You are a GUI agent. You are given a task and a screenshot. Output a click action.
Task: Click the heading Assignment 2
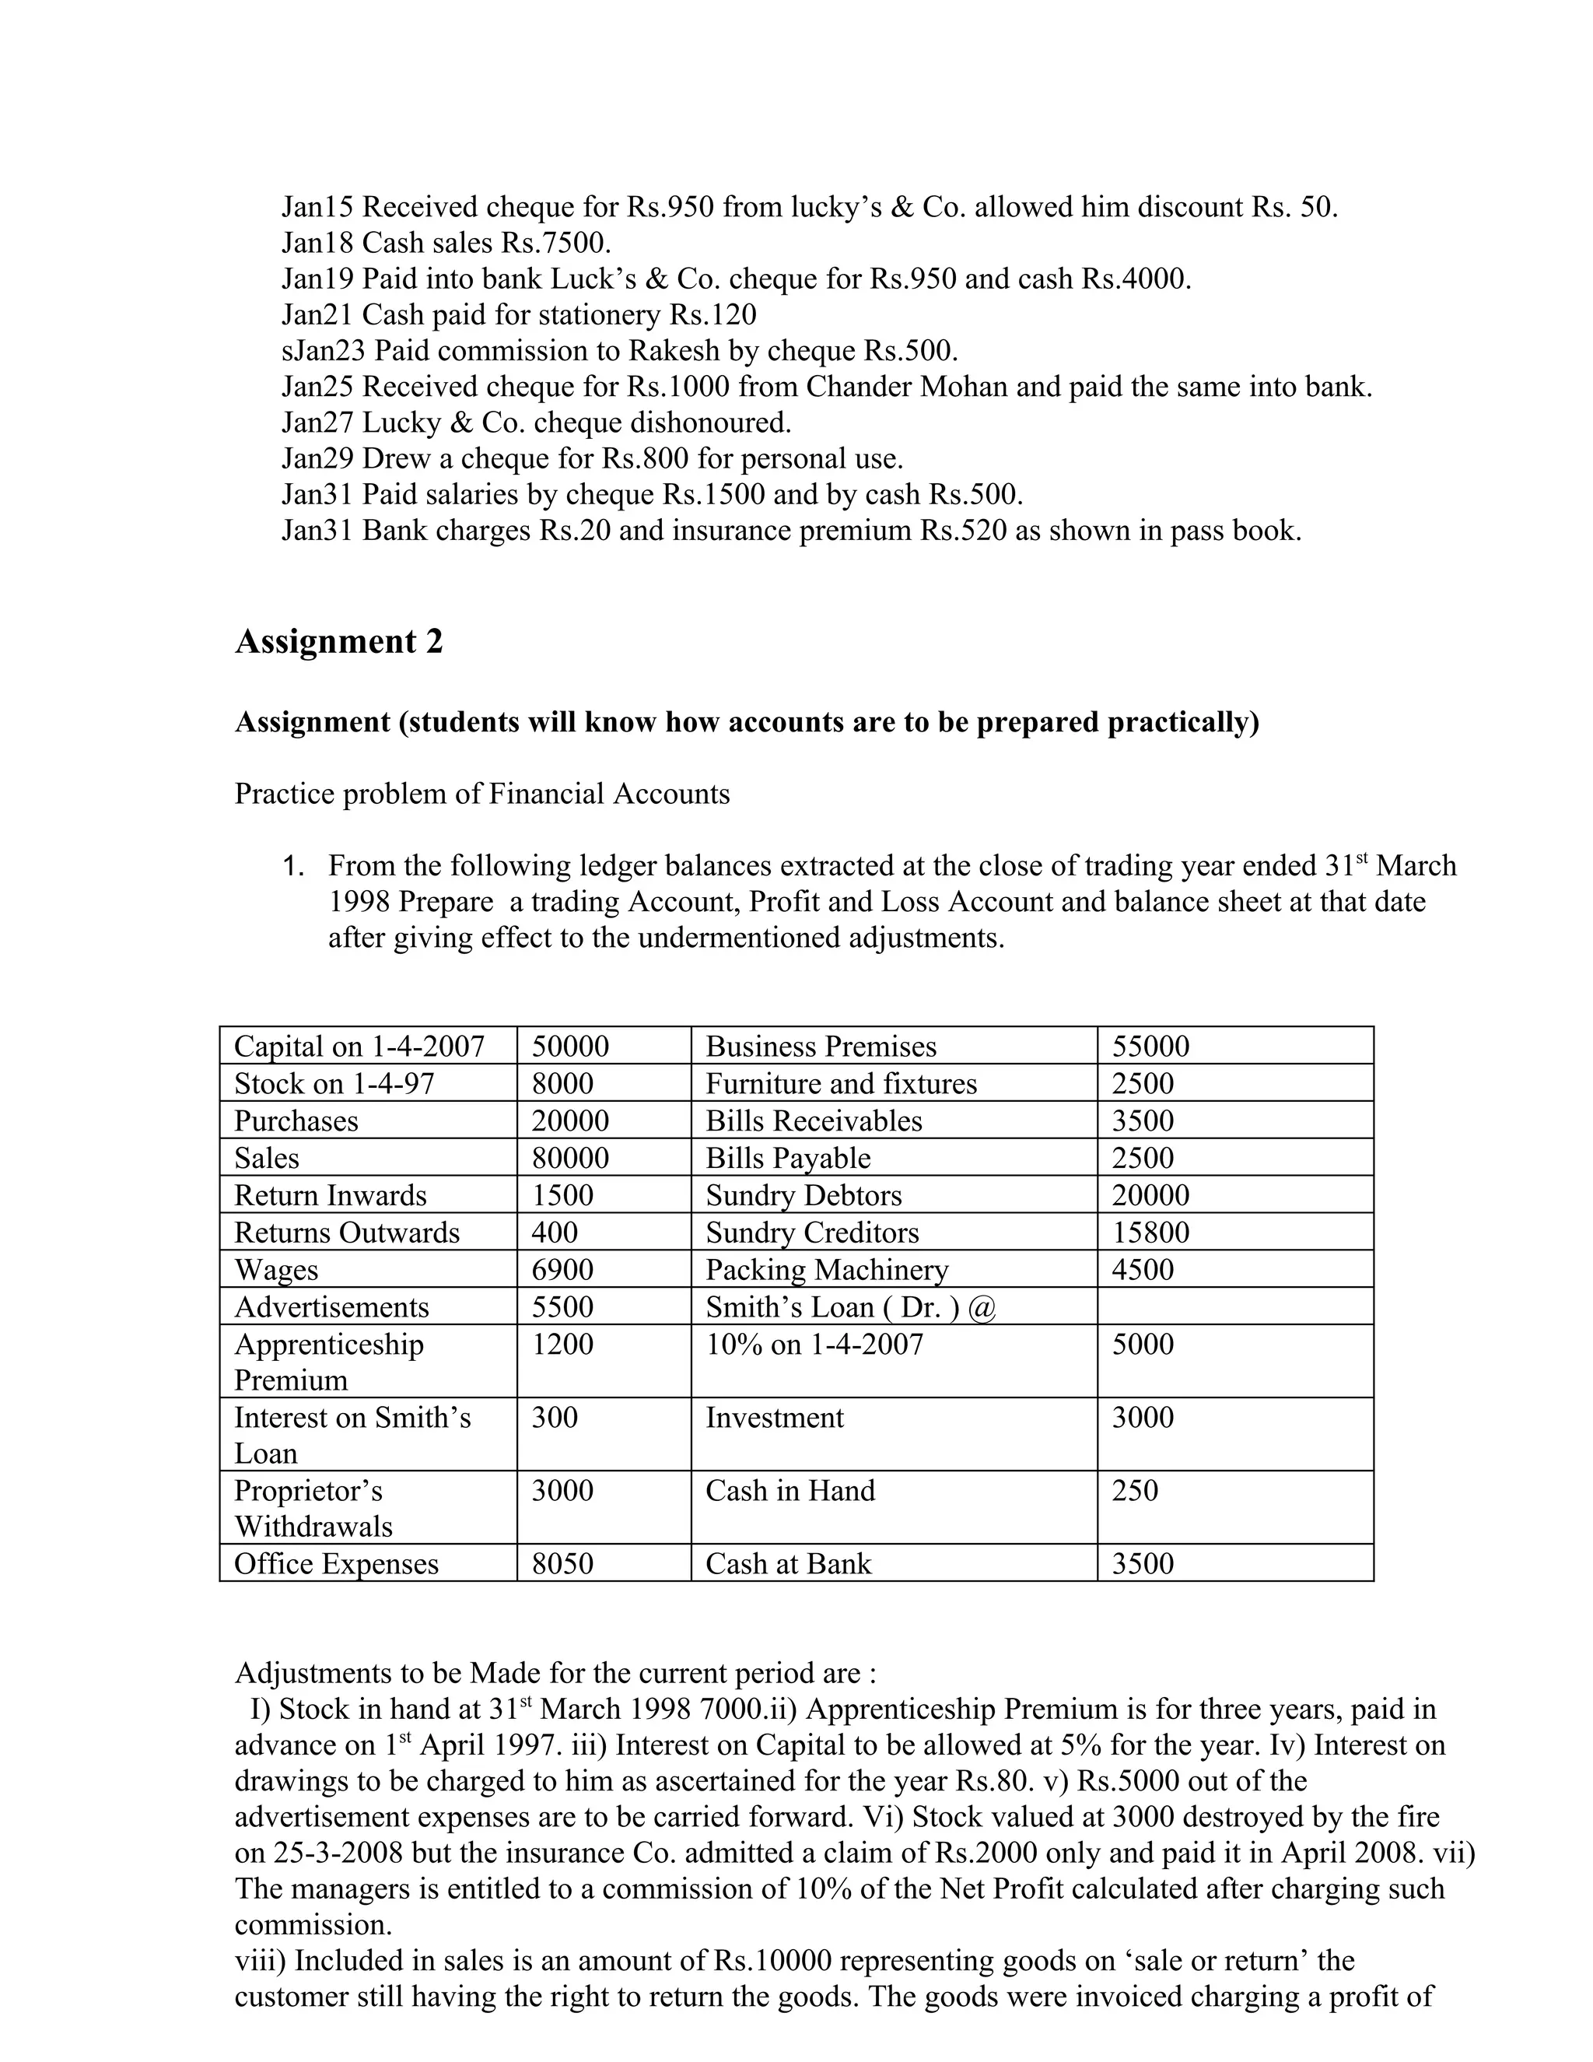coord(339,642)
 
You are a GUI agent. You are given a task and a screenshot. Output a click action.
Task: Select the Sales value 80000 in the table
coord(570,1158)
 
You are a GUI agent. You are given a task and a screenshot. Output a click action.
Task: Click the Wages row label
coord(276,1270)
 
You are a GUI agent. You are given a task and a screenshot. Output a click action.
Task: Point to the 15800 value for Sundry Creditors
coord(1150,1232)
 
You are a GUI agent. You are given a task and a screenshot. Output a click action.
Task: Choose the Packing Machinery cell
coord(827,1270)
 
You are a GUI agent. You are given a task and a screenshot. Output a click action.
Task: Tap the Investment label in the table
coord(775,1417)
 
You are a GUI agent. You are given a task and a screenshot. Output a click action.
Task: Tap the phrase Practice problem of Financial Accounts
coord(482,793)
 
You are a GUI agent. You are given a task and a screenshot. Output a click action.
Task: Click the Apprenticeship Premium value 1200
coord(562,1344)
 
